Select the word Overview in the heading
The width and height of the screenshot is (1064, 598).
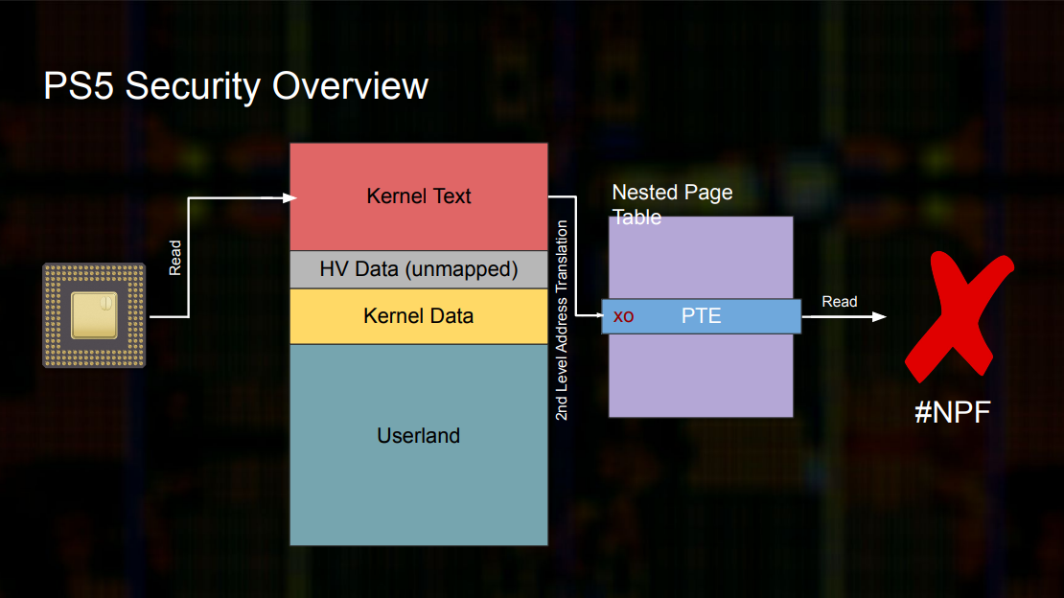tap(350, 86)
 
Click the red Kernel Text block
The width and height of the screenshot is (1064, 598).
tap(419, 196)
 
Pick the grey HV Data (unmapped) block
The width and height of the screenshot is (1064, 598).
tap(419, 269)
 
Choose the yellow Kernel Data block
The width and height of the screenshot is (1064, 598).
tap(419, 316)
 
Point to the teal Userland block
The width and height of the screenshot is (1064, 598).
tap(419, 445)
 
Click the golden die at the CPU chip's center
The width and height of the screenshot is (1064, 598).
tap(94, 315)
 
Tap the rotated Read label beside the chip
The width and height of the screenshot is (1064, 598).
tap(175, 258)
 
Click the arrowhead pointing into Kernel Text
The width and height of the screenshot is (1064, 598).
tap(289, 198)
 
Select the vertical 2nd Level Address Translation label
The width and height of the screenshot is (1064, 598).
tap(562, 320)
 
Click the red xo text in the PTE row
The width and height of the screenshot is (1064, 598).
tap(624, 316)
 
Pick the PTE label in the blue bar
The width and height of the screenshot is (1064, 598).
tap(701, 315)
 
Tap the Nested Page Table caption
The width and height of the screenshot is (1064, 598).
tap(672, 204)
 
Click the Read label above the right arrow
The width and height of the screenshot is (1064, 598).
tap(840, 301)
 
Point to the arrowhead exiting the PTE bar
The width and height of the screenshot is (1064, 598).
tap(879, 317)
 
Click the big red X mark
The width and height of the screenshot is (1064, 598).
tap(959, 316)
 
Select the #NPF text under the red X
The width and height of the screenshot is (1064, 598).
tap(953, 412)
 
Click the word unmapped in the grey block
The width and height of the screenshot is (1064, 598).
tap(461, 269)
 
